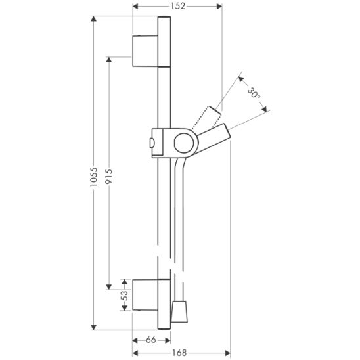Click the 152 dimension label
(178, 6)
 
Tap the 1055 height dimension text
(94, 176)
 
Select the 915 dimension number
(108, 176)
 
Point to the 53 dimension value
(124, 295)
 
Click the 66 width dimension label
(151, 340)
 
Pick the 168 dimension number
(179, 353)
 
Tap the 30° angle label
(254, 93)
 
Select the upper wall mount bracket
(145, 51)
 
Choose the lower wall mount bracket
(145, 295)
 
